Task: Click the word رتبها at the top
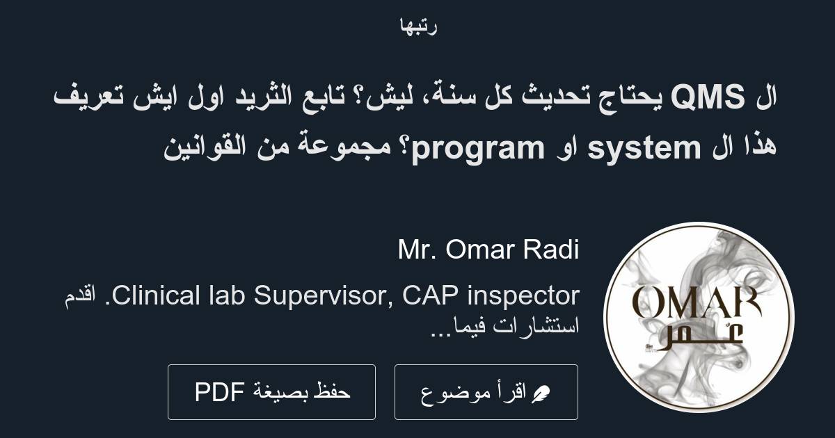[x=417, y=26]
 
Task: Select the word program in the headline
[x=477, y=148]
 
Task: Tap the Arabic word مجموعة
[x=351, y=148]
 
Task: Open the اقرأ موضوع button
[x=486, y=392]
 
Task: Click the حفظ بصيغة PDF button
[x=271, y=392]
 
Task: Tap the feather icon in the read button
[x=540, y=394]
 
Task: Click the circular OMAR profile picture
[x=698, y=317]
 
